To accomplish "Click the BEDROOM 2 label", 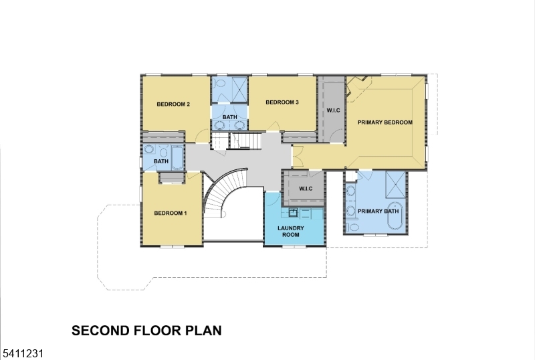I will [x=174, y=104].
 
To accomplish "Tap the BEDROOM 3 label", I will [x=282, y=102].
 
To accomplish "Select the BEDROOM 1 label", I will [x=171, y=213].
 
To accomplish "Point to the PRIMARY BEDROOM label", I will [x=385, y=122].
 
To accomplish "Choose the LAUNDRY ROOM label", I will [x=291, y=232].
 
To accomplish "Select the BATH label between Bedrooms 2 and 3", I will [x=229, y=118].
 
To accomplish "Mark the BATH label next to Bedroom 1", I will [x=160, y=161].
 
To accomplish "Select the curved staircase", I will [x=221, y=194].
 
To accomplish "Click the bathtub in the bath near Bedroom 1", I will [x=177, y=158].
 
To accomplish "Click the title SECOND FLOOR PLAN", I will [x=146, y=331].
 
